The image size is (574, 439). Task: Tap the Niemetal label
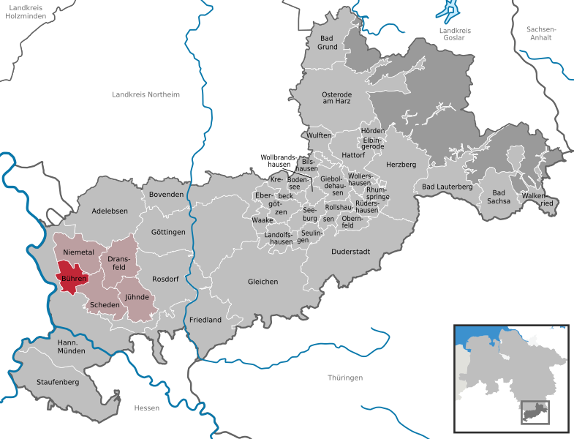coord(78,252)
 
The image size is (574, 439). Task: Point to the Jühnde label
coord(137,297)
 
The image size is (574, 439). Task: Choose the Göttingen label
coord(168,231)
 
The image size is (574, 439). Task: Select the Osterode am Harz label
coord(337,97)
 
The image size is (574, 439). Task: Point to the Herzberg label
coord(401,165)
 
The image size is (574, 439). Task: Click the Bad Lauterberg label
coord(448,187)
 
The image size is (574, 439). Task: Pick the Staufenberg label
coord(60,382)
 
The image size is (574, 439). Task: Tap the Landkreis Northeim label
coord(146,94)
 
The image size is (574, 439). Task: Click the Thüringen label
coord(345,378)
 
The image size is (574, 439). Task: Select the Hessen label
coord(146,408)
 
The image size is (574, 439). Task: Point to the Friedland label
coord(205,320)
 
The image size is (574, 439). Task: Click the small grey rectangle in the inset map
coord(535,412)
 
